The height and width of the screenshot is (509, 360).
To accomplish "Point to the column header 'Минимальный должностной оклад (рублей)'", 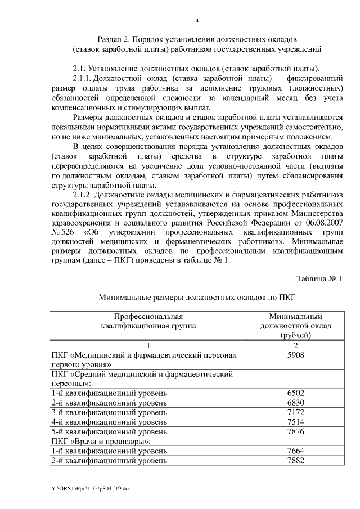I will click(295, 326).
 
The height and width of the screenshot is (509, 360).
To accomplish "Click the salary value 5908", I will click(295, 355).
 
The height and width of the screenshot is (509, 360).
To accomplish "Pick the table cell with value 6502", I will click(295, 394).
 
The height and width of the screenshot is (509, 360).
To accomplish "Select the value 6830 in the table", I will click(295, 403).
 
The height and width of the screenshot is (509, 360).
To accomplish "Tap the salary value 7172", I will click(295, 413).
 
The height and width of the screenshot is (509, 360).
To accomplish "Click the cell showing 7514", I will click(295, 422).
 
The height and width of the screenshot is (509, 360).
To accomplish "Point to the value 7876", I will click(295, 432).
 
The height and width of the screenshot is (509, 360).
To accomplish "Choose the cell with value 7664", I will click(295, 451).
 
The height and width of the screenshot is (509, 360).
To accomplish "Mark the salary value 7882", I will click(295, 461).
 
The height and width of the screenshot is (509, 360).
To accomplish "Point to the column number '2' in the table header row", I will click(295, 345).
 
